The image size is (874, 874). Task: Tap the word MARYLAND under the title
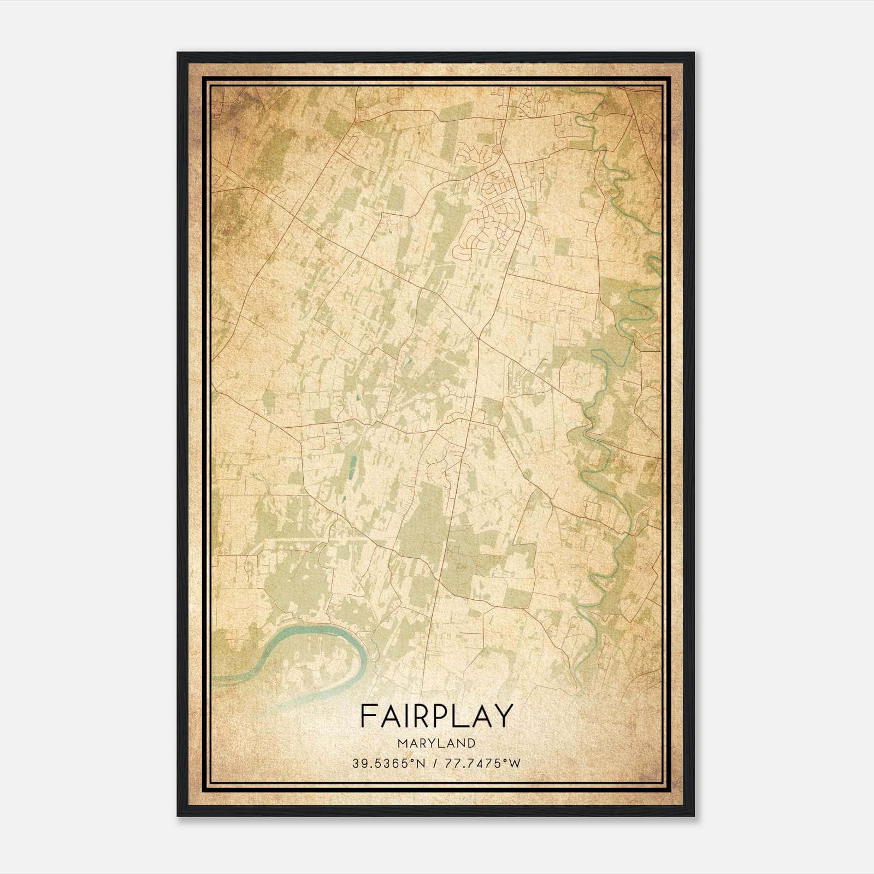437,743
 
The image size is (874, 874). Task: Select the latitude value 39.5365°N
388,764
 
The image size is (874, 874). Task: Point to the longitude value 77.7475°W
483,764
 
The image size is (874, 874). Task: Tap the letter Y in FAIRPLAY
504,716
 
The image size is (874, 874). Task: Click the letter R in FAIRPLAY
418,716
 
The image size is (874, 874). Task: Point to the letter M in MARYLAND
403,743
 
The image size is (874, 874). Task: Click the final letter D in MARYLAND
471,743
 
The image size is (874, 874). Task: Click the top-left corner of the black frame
179,54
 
